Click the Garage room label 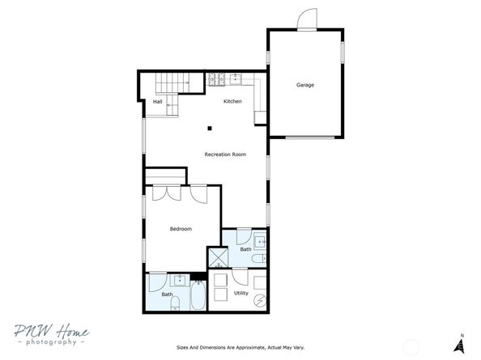[x=305, y=85]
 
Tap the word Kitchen [x=232, y=101]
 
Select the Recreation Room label [x=225, y=155]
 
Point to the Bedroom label [x=181, y=229]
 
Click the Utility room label [x=241, y=293]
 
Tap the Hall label [x=157, y=101]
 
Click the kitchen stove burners [x=217, y=79]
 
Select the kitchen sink [x=236, y=78]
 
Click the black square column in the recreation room [x=210, y=129]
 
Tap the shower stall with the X [x=218, y=258]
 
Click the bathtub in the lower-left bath [x=198, y=295]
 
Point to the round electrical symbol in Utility [x=260, y=301]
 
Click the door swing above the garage [x=307, y=19]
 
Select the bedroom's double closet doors [x=167, y=193]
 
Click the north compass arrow [x=459, y=344]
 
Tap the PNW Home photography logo [x=52, y=334]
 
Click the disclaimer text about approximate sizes [x=240, y=347]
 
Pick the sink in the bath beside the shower [x=260, y=242]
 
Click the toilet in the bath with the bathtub [x=175, y=304]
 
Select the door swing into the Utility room [x=240, y=277]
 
